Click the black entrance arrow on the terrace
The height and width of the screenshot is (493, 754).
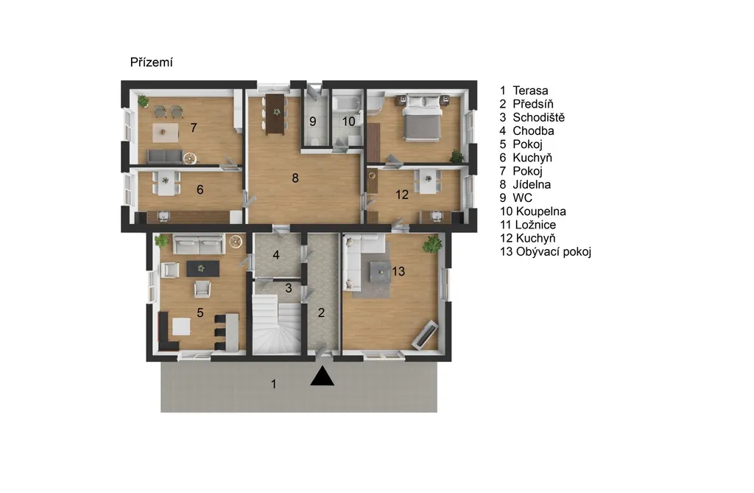(x=323, y=377)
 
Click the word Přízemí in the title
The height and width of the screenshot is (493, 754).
(x=152, y=62)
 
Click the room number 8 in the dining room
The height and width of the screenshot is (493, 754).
(x=295, y=178)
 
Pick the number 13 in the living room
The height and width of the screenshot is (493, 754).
(x=398, y=271)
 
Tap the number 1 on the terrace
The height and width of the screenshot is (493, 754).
(x=274, y=384)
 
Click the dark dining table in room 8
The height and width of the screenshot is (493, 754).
(x=276, y=113)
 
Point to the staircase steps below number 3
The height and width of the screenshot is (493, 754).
(x=277, y=324)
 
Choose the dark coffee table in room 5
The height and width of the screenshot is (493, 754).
(x=202, y=269)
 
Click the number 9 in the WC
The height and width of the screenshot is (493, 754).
(x=313, y=122)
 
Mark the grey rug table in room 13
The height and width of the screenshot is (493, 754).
(x=381, y=271)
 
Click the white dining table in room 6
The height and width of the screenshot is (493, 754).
(x=166, y=183)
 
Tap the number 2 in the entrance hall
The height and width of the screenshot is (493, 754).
(x=321, y=313)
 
